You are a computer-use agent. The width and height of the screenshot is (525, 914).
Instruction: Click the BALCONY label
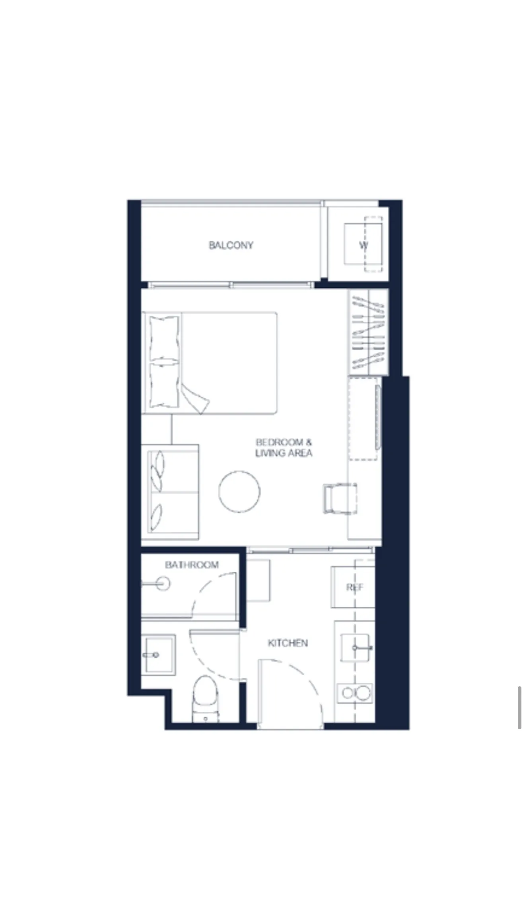[x=231, y=245]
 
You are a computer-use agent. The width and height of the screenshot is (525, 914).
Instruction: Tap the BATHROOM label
[x=192, y=565]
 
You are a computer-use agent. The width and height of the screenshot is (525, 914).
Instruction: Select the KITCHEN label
[x=288, y=643]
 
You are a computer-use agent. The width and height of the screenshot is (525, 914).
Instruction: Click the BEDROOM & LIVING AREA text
[x=284, y=447]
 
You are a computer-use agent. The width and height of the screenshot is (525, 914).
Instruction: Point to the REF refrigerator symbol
[x=353, y=587]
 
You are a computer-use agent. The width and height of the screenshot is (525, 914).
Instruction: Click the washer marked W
[x=363, y=244]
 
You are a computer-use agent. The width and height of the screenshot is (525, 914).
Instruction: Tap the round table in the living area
[x=239, y=491]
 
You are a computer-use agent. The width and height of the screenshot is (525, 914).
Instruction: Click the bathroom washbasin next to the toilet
[x=159, y=654]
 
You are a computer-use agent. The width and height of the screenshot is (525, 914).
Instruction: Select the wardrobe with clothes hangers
[x=368, y=332]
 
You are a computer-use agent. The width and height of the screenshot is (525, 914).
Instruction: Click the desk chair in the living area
[x=340, y=498]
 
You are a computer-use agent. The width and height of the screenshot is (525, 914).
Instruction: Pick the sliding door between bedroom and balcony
[x=231, y=285]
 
